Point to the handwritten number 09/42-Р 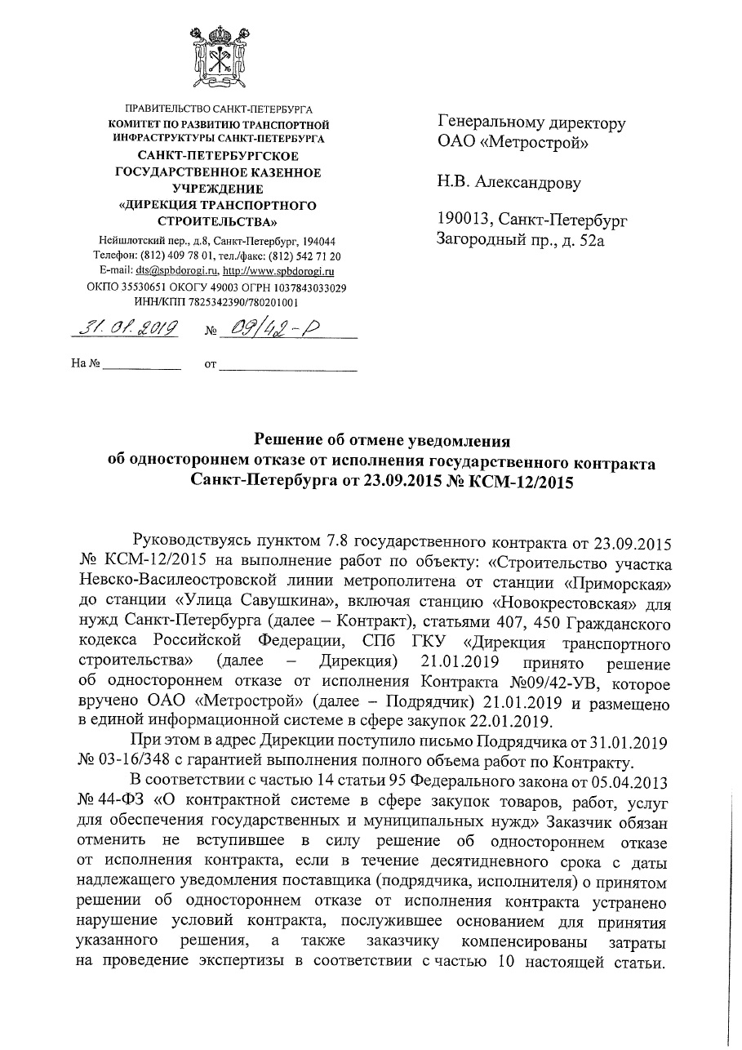(265, 329)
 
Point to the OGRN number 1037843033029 (303, 287)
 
